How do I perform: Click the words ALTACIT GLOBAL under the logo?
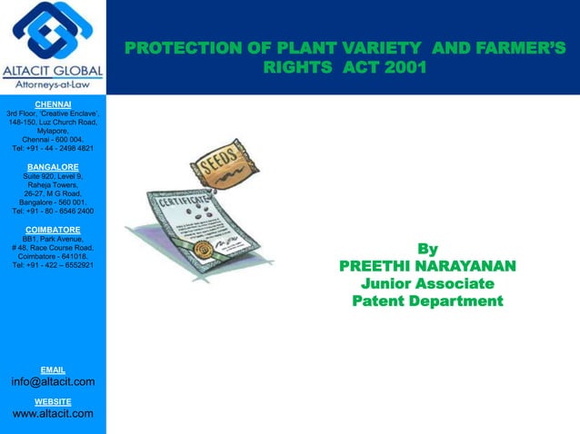[53, 71]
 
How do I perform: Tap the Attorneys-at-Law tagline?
[53, 85]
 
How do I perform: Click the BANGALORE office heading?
[53, 167]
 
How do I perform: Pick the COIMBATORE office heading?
[53, 230]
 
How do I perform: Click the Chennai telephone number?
[53, 149]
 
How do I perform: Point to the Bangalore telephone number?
[53, 212]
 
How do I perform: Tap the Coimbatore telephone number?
[53, 265]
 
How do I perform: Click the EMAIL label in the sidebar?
[53, 370]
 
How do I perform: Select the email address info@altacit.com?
[53, 382]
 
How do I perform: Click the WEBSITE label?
[53, 401]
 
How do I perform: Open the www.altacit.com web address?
[53, 415]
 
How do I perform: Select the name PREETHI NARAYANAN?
[427, 266]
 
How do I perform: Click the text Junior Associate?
[427, 284]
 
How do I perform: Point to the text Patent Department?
[427, 301]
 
